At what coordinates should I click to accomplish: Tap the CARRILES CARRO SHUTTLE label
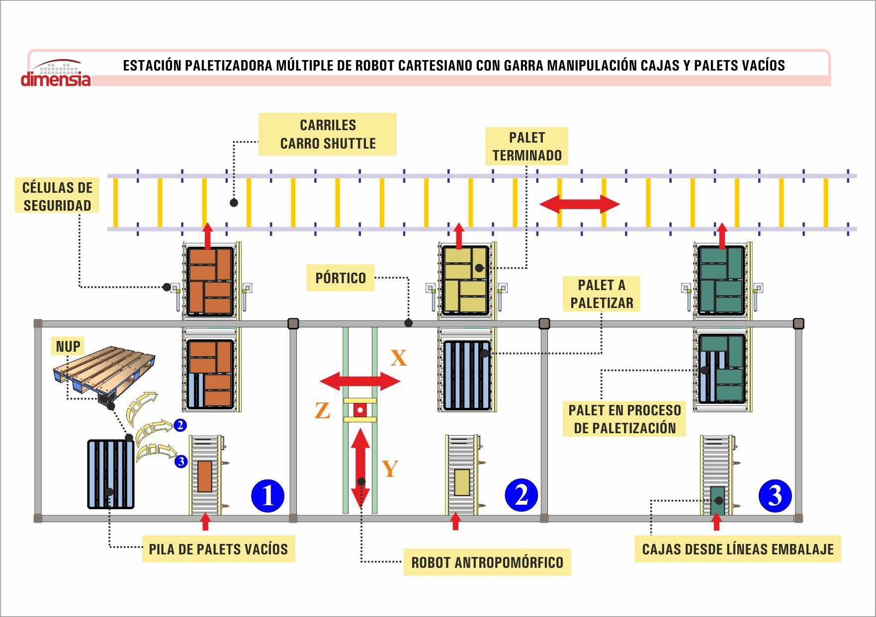tap(328, 134)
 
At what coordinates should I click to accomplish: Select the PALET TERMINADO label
tap(527, 146)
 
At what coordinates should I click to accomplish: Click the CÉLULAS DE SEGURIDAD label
tap(57, 196)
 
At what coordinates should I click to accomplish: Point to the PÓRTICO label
tap(341, 278)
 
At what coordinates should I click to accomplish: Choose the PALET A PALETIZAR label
tap(602, 294)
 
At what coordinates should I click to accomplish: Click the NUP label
tap(68, 346)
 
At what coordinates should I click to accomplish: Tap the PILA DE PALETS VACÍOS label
tap(218, 549)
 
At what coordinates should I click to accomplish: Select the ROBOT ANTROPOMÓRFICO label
tap(487, 562)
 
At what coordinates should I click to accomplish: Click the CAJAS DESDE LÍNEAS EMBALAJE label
tap(738, 549)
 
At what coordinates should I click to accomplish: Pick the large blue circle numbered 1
tap(268, 496)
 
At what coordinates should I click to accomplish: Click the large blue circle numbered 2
tap(522, 495)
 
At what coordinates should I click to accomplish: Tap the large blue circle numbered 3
tap(775, 495)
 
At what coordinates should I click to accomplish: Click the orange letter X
tap(398, 358)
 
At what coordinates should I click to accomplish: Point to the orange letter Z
tap(323, 411)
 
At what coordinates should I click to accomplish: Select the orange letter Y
tap(390, 468)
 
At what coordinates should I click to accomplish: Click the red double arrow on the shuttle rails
tap(580, 204)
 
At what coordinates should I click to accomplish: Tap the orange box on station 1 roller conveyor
tap(205, 476)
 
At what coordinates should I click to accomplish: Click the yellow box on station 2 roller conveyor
tap(462, 481)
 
